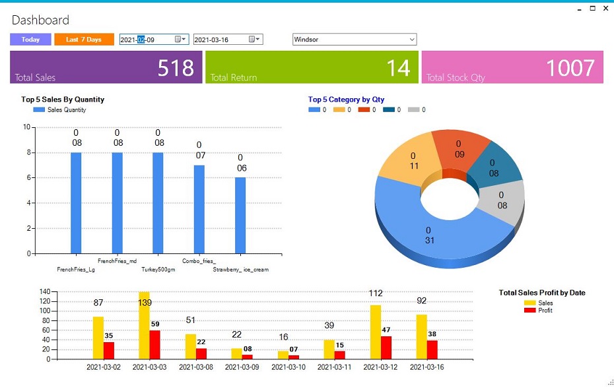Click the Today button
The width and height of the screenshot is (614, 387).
tap(30, 40)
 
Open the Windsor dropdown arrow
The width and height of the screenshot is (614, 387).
tap(412, 40)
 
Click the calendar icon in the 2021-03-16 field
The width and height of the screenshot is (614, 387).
tap(252, 40)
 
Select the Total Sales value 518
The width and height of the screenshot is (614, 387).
tap(176, 68)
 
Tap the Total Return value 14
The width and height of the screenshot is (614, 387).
tap(398, 68)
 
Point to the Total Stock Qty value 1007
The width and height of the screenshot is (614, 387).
tap(570, 68)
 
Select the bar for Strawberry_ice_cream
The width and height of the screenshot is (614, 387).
tap(240, 215)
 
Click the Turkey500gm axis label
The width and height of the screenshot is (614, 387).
tap(158, 270)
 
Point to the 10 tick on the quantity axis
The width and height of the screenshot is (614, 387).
tap(27, 127)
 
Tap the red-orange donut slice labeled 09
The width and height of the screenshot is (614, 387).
tap(459, 149)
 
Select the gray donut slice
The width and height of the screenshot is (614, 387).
tap(504, 200)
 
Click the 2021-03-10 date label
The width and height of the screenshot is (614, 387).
tap(288, 367)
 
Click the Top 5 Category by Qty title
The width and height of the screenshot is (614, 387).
tap(346, 100)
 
